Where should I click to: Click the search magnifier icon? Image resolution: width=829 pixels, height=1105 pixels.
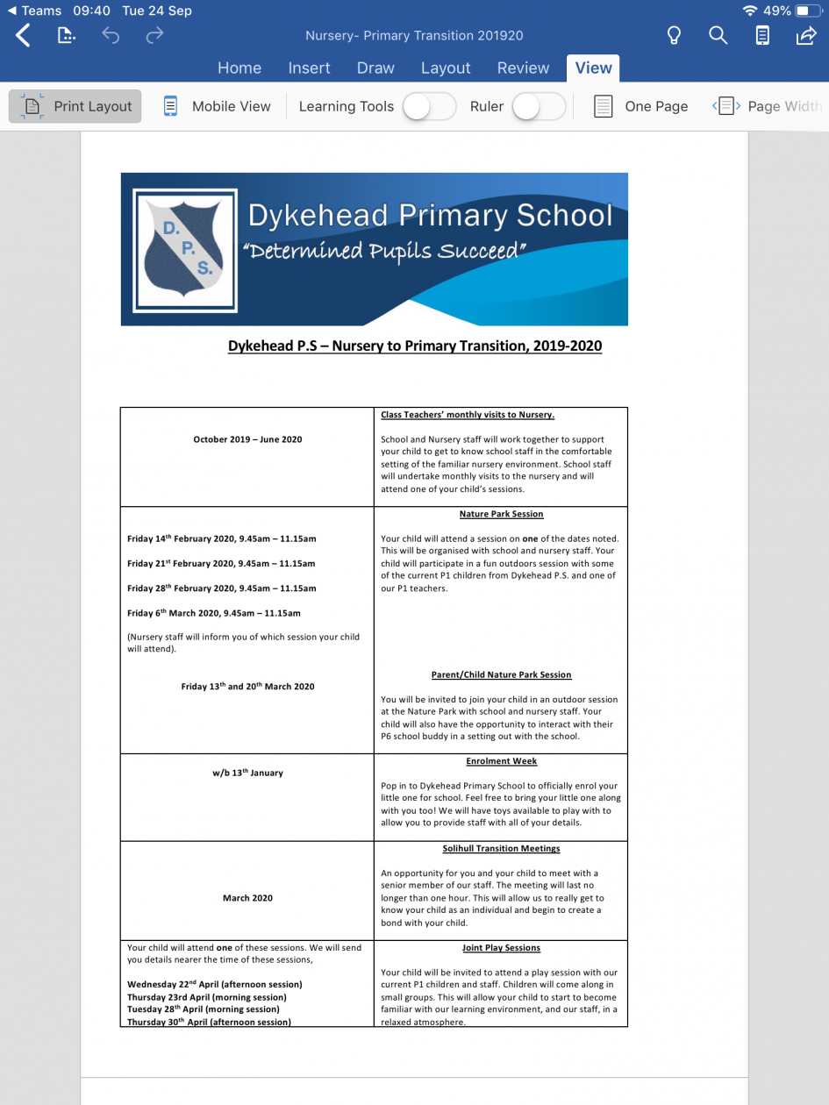pos(718,36)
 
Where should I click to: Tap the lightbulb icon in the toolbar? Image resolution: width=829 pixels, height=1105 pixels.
pos(674,36)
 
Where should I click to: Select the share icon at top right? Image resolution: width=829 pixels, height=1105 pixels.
pos(805,36)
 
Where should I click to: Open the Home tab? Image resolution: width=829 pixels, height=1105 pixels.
pos(239,68)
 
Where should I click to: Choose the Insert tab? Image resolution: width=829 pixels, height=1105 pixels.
pos(309,68)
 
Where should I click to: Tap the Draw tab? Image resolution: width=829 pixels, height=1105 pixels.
pos(375,68)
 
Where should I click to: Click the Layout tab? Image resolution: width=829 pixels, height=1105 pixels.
pos(446,68)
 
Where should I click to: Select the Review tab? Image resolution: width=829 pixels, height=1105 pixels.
pos(523,68)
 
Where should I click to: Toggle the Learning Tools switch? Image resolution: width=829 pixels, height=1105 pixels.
pos(429,106)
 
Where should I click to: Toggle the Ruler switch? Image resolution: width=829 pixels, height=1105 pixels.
pos(538,106)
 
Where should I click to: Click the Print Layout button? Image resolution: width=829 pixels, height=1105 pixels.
pos(75,106)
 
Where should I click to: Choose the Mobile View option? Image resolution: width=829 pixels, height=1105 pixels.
pos(218,106)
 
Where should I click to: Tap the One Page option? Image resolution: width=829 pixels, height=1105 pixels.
pos(641,106)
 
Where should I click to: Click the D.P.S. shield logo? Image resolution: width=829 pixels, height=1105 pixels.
pos(185,250)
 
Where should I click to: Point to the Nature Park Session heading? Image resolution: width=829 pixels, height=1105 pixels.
pos(501,514)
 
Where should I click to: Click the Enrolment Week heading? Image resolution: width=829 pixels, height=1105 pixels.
pos(501,761)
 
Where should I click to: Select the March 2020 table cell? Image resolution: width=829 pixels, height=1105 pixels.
pos(247,898)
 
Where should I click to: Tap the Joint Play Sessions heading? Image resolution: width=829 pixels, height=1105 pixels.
pos(501,948)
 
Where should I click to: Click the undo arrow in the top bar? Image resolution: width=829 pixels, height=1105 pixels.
pos(111,36)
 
